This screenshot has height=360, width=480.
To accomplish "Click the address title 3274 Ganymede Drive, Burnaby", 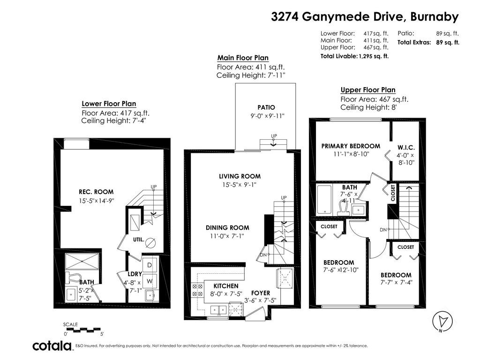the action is click(365, 16).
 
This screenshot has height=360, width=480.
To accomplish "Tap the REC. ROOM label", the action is click(96, 192).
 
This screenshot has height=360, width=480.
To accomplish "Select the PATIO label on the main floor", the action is click(266, 107).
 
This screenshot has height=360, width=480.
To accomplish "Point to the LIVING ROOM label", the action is click(240, 176).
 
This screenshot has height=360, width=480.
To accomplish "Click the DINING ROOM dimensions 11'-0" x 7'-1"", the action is click(227, 236).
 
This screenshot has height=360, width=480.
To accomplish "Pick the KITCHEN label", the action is click(226, 286).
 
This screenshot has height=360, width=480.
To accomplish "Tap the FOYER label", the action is click(261, 293).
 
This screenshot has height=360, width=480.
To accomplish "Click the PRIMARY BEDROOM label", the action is click(351, 146).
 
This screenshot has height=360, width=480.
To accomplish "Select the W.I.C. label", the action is click(406, 148).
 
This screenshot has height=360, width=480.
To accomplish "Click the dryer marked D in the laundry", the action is click(150, 265).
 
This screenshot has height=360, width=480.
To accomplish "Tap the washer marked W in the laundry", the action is click(150, 281).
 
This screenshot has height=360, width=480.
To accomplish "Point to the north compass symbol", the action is click(442, 322).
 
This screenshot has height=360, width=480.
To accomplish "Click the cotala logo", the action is click(52, 345).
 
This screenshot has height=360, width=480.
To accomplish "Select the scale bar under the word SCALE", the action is click(83, 330).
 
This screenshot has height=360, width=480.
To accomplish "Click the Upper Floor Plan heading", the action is click(368, 90).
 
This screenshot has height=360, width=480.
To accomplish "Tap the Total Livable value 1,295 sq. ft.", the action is click(374, 56).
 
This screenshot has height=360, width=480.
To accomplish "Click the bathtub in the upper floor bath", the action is click(324, 199).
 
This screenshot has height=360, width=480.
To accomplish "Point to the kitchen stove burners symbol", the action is click(197, 290).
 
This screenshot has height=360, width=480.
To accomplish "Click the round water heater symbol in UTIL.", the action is click(150, 243).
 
